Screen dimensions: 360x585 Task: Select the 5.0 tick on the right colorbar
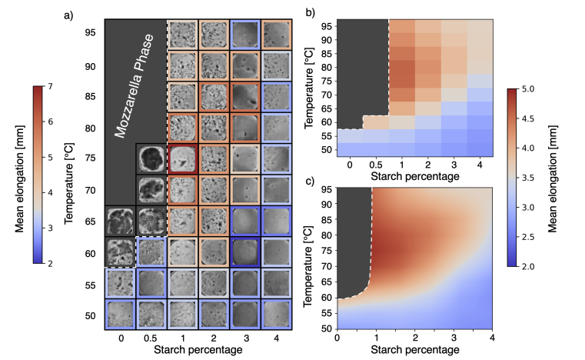[x=532, y=89]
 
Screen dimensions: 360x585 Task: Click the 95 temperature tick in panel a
[x=90, y=33]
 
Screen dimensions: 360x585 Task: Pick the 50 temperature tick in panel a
[x=90, y=315]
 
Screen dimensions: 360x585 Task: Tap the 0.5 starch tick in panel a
[x=151, y=337]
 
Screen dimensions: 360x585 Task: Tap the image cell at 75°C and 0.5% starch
[x=151, y=158]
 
